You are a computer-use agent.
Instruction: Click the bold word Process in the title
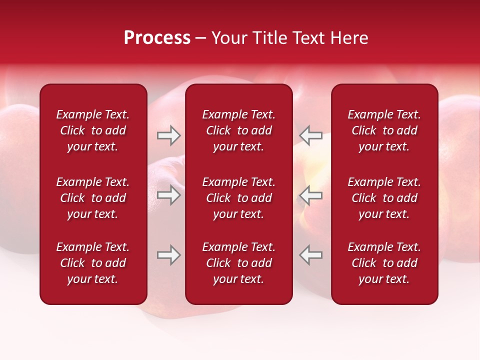click(x=157, y=38)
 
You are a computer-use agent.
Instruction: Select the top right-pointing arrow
click(x=168, y=135)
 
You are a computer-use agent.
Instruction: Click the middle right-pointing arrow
click(x=168, y=195)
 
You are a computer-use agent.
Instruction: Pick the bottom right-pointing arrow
click(x=168, y=255)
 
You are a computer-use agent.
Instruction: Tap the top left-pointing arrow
click(x=311, y=135)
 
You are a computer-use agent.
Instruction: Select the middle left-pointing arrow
click(x=311, y=195)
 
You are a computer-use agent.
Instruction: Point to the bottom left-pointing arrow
click(x=311, y=255)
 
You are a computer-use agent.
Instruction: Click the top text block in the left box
click(x=93, y=130)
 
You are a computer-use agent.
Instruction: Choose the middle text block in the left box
click(x=93, y=198)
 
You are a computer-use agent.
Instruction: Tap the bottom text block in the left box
click(x=93, y=263)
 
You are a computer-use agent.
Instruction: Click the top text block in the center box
click(x=238, y=130)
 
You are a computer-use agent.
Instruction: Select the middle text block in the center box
click(x=238, y=198)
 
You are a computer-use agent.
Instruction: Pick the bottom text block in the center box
click(x=238, y=263)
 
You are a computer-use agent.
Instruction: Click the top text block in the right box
click(x=384, y=130)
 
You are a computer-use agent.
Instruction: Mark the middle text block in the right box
click(x=384, y=198)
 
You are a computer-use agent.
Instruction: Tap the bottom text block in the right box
click(x=384, y=263)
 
